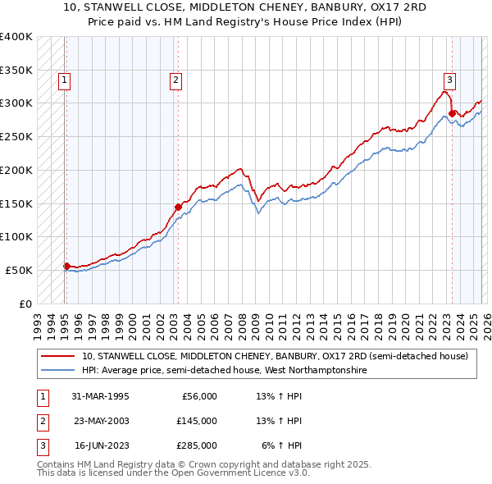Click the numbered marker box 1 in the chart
coord(64,80)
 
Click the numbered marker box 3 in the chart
coord(450,80)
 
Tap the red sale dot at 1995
coord(66,265)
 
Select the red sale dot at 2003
coord(177,207)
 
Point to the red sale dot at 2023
coord(452,113)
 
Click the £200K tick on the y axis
coord(16,170)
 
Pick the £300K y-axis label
coord(16,103)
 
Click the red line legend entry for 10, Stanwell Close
coord(275,357)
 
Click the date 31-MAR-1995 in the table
coord(100,396)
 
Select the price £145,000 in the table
coord(196,421)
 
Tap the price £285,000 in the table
coord(196,445)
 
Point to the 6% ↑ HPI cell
coord(281,445)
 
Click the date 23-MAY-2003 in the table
coord(100,421)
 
